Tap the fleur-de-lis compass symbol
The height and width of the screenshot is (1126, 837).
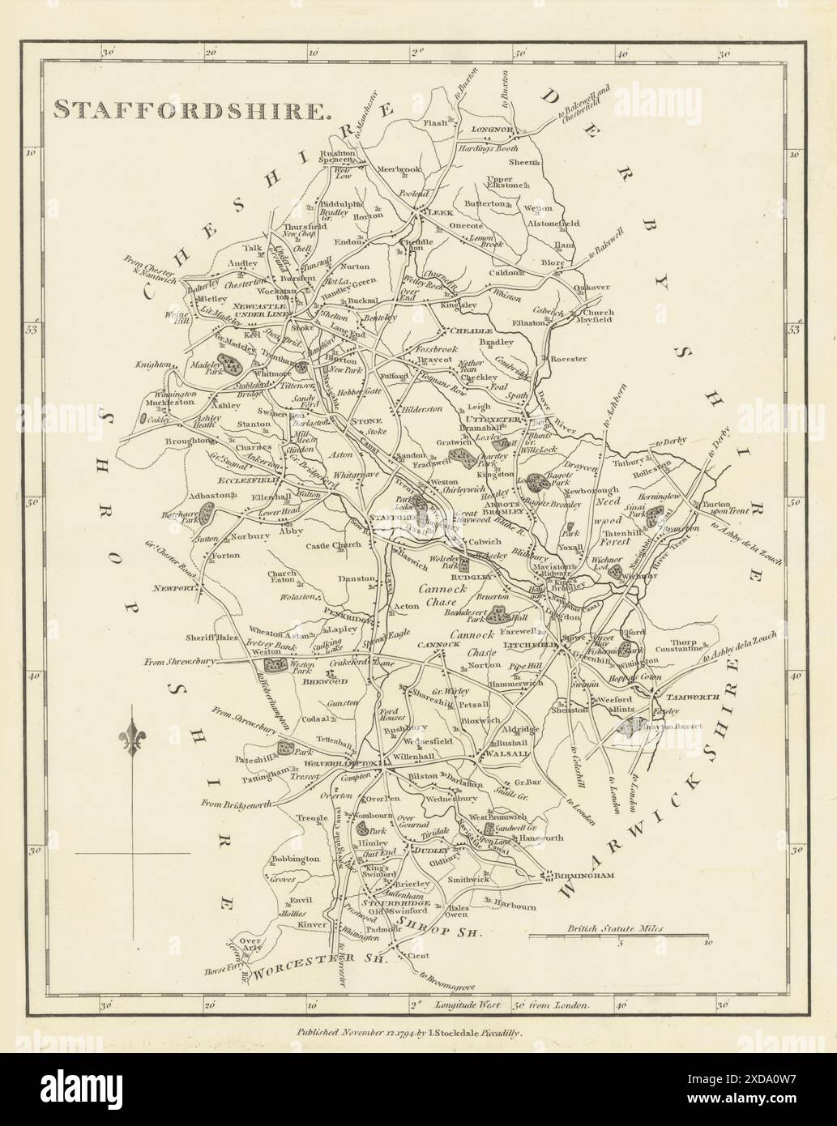coord(133,739)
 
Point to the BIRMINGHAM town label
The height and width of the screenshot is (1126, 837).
coord(581,876)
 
